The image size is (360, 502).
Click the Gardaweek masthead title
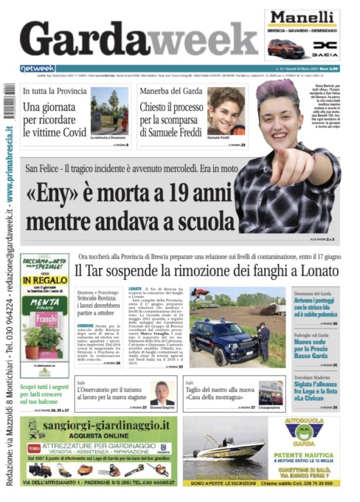tap(136, 37)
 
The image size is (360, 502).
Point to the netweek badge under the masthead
tap(38, 69)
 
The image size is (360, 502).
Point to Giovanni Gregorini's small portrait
tap(162, 392)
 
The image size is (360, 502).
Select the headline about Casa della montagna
tap(224, 392)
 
